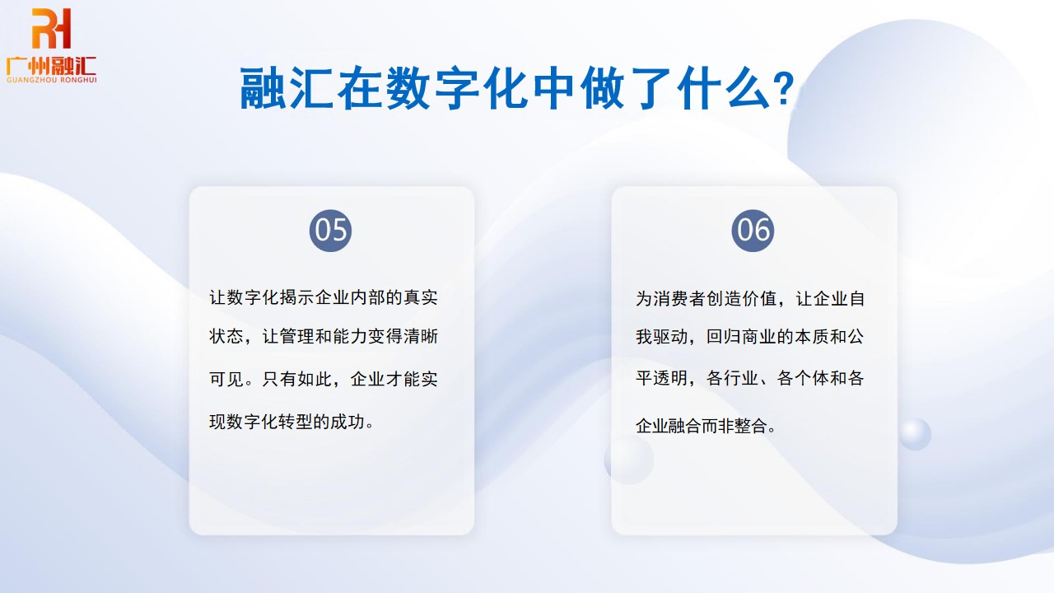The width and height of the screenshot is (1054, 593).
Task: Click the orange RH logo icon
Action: pos(51,28)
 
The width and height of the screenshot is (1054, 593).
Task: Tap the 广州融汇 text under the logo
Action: pos(51,64)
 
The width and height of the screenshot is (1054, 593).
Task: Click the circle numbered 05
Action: pos(331,230)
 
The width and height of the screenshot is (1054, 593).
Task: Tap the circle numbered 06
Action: pos(753,230)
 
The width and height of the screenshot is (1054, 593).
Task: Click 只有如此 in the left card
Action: pos(298,380)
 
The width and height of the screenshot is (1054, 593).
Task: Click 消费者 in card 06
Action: pos(680,298)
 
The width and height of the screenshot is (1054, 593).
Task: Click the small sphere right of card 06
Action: pos(914,434)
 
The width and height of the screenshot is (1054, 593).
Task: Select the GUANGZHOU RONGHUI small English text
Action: pos(51,80)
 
